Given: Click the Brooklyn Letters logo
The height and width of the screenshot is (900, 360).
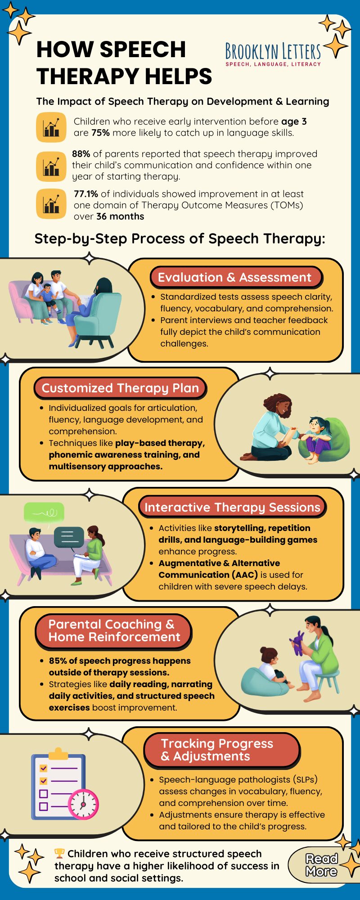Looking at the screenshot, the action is pos(273,54).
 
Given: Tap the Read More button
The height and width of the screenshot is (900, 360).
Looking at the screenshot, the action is pos(321,865).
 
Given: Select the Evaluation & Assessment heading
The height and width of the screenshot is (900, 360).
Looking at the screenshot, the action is pos(234,277).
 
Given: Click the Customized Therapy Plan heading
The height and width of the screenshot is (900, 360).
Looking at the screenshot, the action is pos(120,388).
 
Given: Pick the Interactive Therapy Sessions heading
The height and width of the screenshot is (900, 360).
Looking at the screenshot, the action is pos(232,507).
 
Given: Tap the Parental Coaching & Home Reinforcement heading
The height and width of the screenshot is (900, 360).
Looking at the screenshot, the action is pos(114,630).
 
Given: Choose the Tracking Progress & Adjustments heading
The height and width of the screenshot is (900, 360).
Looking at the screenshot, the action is pos(221,750).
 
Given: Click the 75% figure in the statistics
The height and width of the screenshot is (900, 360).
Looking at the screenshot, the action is pos(101,133).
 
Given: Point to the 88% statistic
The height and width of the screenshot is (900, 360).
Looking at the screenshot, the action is pos(81,154).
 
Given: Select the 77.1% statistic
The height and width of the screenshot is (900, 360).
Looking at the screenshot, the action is pos(86,194).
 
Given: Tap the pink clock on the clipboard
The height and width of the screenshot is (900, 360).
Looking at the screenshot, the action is pos(83,804).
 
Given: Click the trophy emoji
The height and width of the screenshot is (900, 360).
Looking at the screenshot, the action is pos(59,853).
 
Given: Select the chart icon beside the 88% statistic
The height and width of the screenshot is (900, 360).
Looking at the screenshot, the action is pos(51,166).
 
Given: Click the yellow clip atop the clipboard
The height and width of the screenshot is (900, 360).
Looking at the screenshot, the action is pos(58,753).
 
